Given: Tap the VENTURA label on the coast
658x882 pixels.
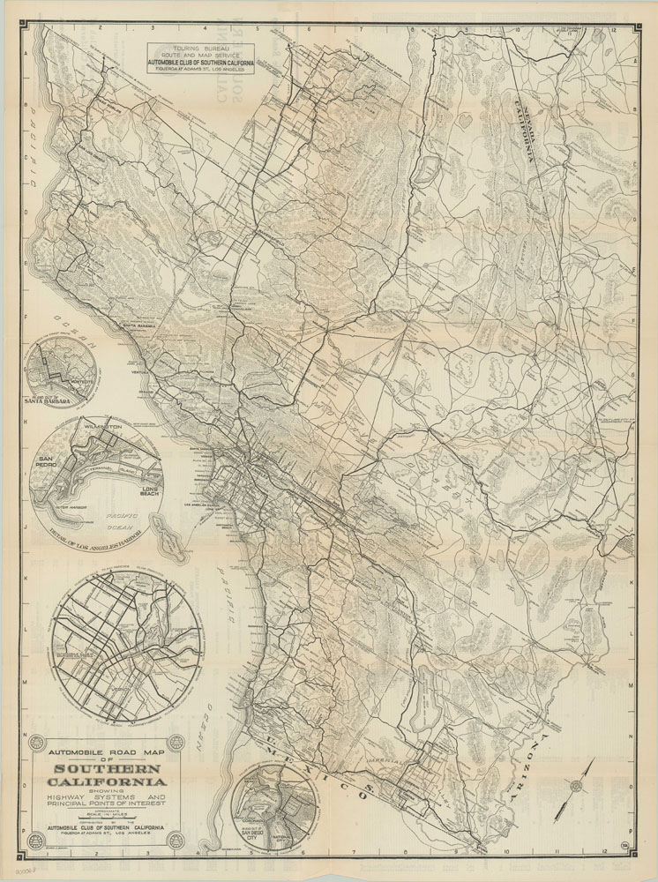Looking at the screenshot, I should (x=166, y=372).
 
